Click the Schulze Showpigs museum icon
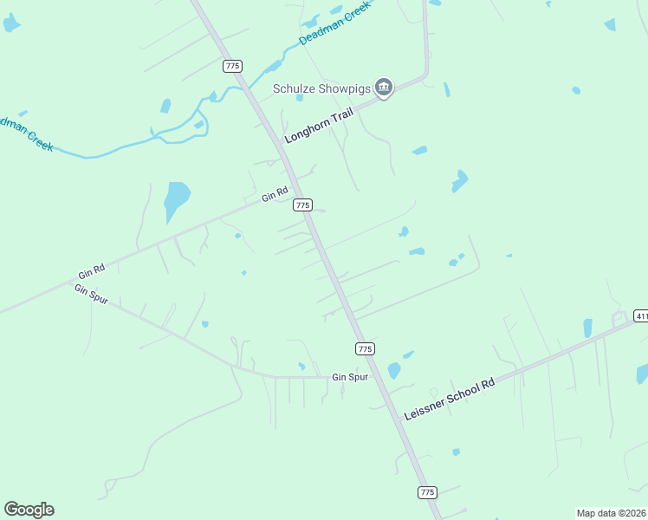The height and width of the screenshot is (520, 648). pyautogui.click(x=384, y=88)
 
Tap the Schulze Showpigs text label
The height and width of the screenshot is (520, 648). pyautogui.click(x=321, y=88)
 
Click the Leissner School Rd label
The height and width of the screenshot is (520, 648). pyautogui.click(x=449, y=398)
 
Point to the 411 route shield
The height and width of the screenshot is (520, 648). pyautogui.click(x=640, y=315)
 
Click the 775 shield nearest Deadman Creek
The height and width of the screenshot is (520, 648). pyautogui.click(x=231, y=66)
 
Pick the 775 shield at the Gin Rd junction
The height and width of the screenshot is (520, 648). pyautogui.click(x=302, y=205)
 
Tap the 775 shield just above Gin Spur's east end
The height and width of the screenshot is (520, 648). pyautogui.click(x=365, y=348)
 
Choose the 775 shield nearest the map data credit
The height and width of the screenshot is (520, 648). pyautogui.click(x=427, y=491)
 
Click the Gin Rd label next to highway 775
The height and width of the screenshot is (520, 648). pyautogui.click(x=275, y=196)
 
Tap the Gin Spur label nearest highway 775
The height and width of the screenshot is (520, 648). pyautogui.click(x=350, y=378)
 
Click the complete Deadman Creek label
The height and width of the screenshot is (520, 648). pyautogui.click(x=334, y=23)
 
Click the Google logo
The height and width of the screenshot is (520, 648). pyautogui.click(x=29, y=510)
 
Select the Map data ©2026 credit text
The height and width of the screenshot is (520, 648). pyautogui.click(x=612, y=512)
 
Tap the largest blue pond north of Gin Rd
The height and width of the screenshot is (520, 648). pyautogui.click(x=176, y=200)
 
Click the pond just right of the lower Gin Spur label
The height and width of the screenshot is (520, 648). pyautogui.click(x=394, y=371)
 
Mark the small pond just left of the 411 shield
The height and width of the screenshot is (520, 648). pyautogui.click(x=587, y=328)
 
